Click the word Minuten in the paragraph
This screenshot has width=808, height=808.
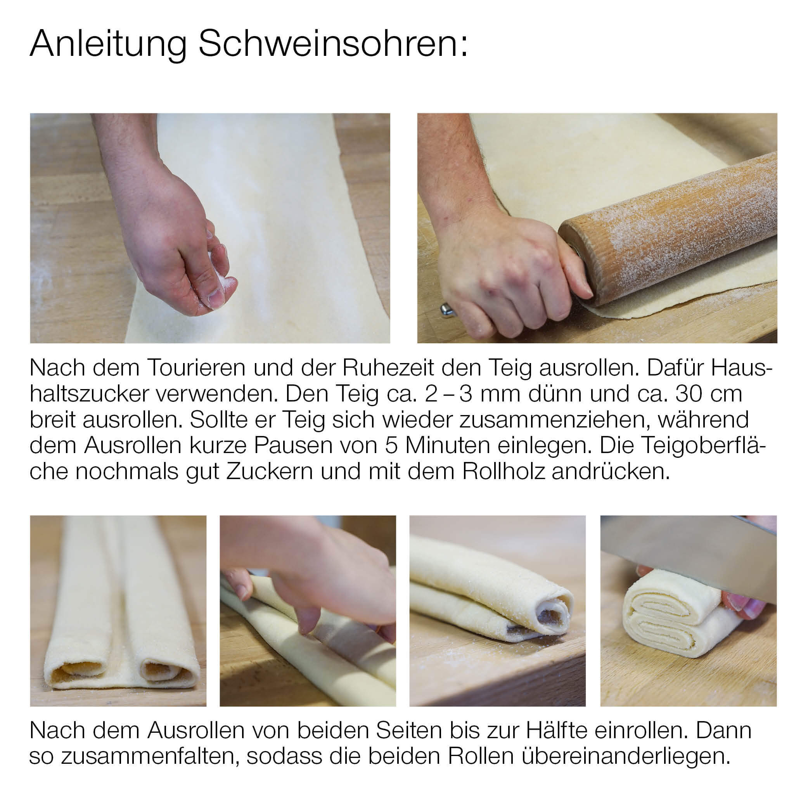[448, 446]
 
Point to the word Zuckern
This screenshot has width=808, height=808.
[270, 472]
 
